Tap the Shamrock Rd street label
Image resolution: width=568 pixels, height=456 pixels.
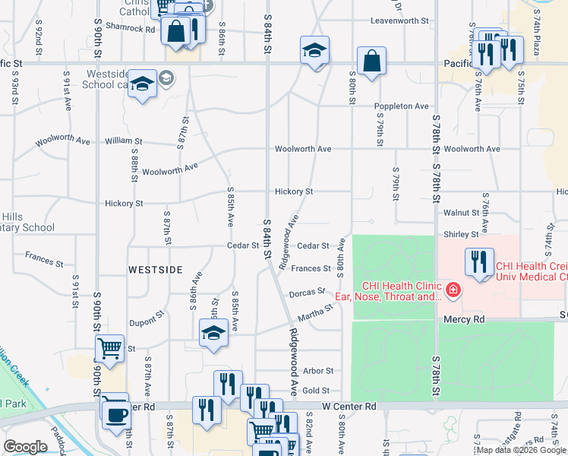pos(131,29)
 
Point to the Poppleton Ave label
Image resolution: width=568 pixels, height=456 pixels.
pos(400,106)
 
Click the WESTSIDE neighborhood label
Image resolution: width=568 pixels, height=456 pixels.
pos(155,270)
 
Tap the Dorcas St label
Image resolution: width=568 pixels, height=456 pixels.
pos(308,293)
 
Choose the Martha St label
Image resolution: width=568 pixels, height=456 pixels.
pos(316,312)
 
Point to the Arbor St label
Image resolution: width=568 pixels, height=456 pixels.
pos(318,371)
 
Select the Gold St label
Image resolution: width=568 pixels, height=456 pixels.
pos(316,390)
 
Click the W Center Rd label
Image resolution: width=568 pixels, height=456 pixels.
pos(349,407)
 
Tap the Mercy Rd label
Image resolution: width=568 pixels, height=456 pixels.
pos(464,321)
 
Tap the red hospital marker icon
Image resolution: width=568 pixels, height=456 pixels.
pos(453,289)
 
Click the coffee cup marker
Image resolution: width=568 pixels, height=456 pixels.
pos(116,415)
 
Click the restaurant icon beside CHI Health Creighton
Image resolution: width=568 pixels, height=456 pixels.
pos(478,261)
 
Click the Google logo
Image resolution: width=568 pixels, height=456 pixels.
pos(25,447)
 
